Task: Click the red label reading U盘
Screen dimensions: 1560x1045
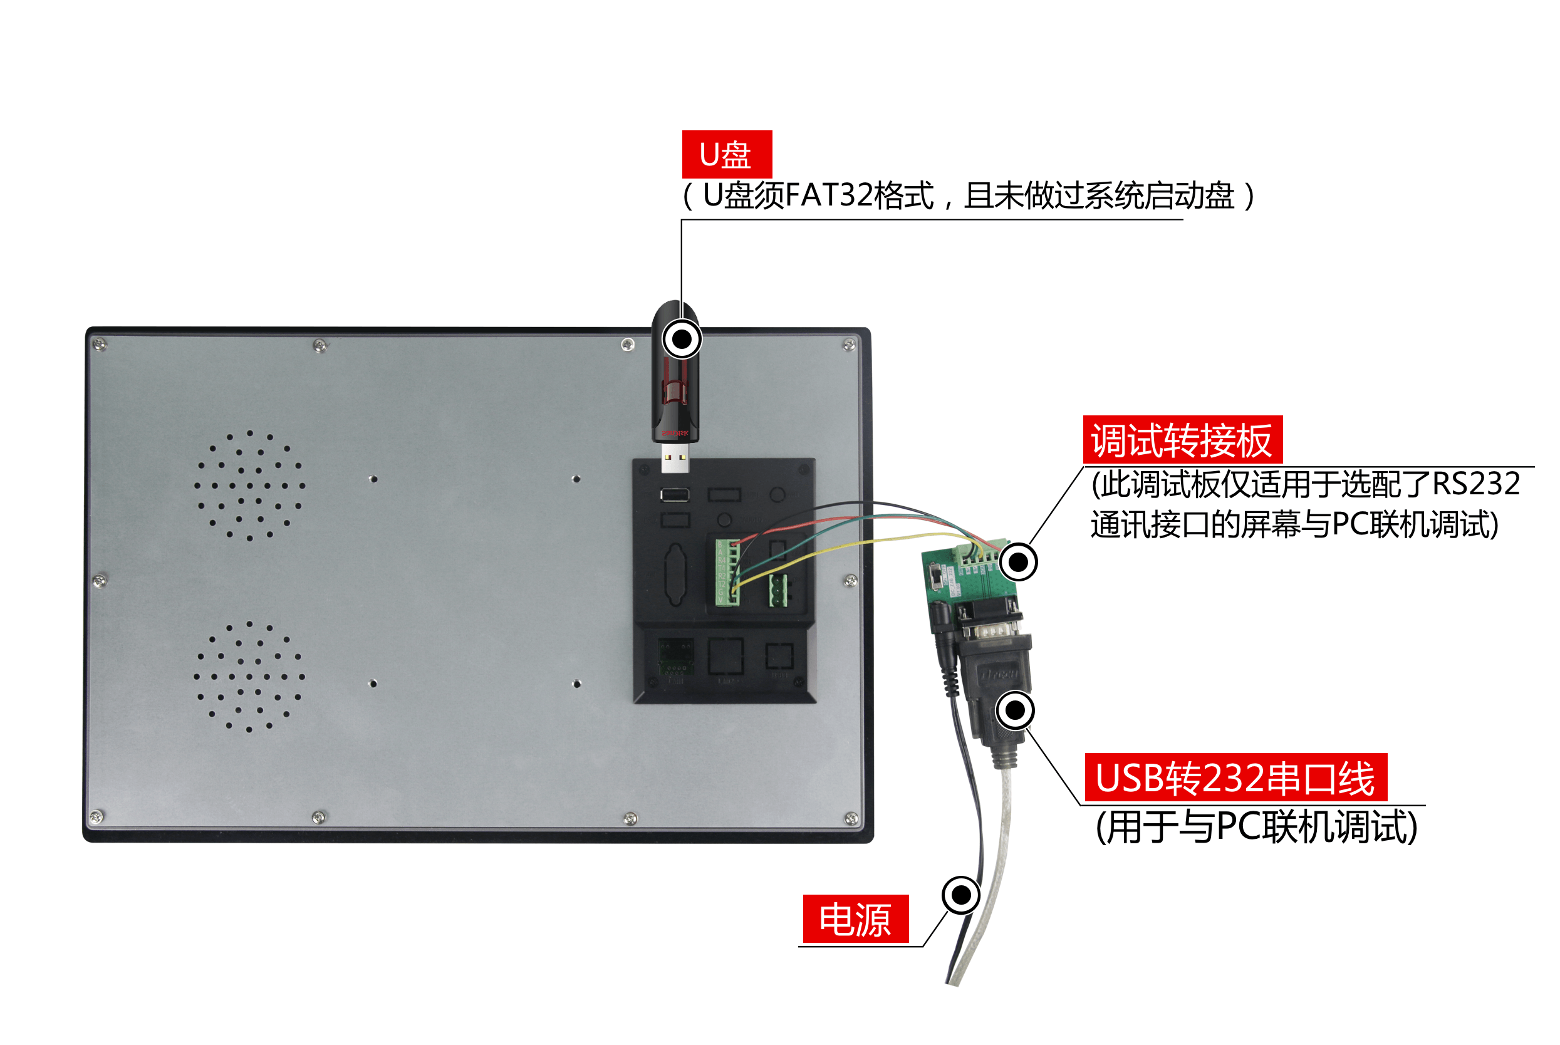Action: (x=726, y=154)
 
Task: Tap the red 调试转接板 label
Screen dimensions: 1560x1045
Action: (x=1182, y=440)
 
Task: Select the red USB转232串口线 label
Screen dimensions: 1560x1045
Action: (x=1235, y=777)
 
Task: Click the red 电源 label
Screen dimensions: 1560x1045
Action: (x=856, y=919)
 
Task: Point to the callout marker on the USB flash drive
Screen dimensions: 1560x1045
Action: (x=682, y=339)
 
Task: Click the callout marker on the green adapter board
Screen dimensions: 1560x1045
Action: (x=1018, y=562)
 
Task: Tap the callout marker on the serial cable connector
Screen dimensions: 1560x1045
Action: (x=1015, y=710)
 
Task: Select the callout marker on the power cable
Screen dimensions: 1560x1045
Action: (x=961, y=895)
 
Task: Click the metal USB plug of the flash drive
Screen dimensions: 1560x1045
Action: (x=674, y=459)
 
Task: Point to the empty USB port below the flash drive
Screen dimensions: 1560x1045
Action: (x=674, y=494)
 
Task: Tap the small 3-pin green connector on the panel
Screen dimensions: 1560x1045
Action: (x=777, y=591)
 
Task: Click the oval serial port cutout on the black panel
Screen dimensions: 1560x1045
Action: (x=675, y=574)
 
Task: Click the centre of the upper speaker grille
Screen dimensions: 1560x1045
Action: (x=250, y=485)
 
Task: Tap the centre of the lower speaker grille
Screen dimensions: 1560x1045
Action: (x=250, y=677)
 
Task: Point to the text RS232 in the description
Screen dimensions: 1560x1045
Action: (x=1476, y=484)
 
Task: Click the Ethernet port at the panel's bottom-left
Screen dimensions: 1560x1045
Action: (x=675, y=658)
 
